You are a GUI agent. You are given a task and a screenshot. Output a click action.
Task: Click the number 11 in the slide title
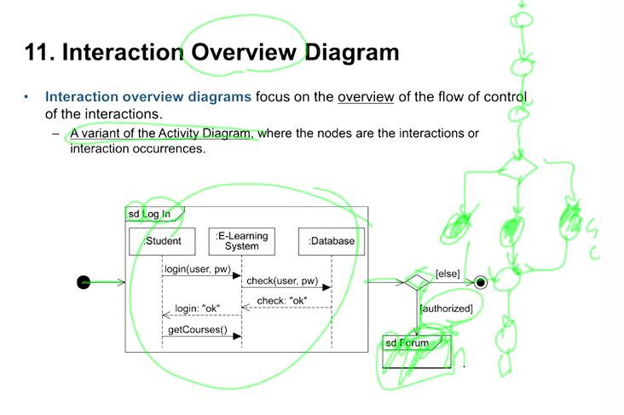[x=38, y=53]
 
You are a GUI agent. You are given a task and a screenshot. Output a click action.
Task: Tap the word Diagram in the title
[x=351, y=53]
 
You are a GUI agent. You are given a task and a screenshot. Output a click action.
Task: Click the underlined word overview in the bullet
[x=366, y=97]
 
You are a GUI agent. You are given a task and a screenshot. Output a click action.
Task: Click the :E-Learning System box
[x=242, y=241]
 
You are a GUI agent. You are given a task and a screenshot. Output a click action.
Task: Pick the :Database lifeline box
[x=332, y=241]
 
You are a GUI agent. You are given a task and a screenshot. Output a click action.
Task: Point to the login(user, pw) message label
[x=198, y=269]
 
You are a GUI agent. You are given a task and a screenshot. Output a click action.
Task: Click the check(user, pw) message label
[x=282, y=281]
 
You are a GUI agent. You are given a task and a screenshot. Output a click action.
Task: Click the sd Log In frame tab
[x=150, y=214]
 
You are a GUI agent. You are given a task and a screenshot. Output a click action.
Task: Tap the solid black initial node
[x=84, y=282]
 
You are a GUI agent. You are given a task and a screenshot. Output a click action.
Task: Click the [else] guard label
[x=448, y=274]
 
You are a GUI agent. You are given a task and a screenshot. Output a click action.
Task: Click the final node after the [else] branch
[x=481, y=282]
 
